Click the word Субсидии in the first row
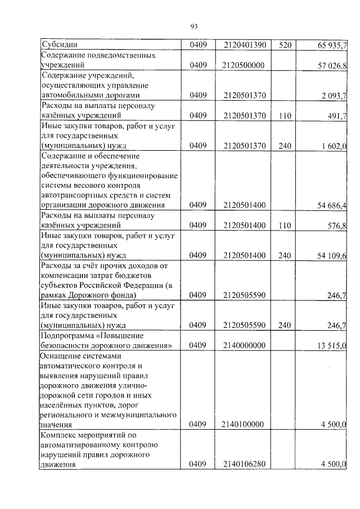[x=60, y=44]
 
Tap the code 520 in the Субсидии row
[x=285, y=44]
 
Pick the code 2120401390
[x=243, y=44]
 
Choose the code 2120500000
[x=243, y=66]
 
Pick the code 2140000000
[x=243, y=345]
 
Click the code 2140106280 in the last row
[x=243, y=464]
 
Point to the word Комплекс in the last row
[x=60, y=435]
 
